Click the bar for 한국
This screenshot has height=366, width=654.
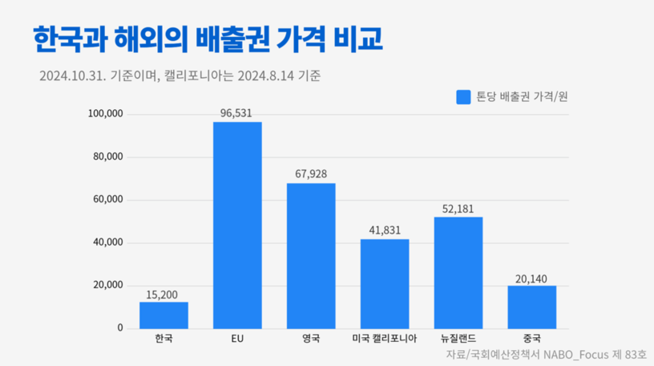click(x=163, y=315)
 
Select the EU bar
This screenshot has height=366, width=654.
click(x=237, y=225)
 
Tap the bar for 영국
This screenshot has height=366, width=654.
click(x=311, y=255)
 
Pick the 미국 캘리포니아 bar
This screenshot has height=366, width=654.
click(x=385, y=283)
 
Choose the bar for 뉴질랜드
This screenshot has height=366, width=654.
click(x=458, y=272)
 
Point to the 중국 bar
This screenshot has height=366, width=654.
click(x=531, y=307)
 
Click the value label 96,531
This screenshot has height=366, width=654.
click(x=237, y=113)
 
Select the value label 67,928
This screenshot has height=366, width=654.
click(x=311, y=174)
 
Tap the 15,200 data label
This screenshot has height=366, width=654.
click(x=163, y=294)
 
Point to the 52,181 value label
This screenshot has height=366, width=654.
click(x=458, y=208)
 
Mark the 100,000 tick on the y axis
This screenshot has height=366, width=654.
click(x=106, y=114)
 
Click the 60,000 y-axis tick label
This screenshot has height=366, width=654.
click(x=108, y=200)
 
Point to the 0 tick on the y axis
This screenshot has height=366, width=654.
click(x=120, y=328)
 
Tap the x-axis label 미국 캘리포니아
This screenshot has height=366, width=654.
click(x=385, y=339)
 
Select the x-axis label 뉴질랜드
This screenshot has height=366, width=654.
click(x=458, y=339)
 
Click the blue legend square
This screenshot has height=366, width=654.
click(x=462, y=96)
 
